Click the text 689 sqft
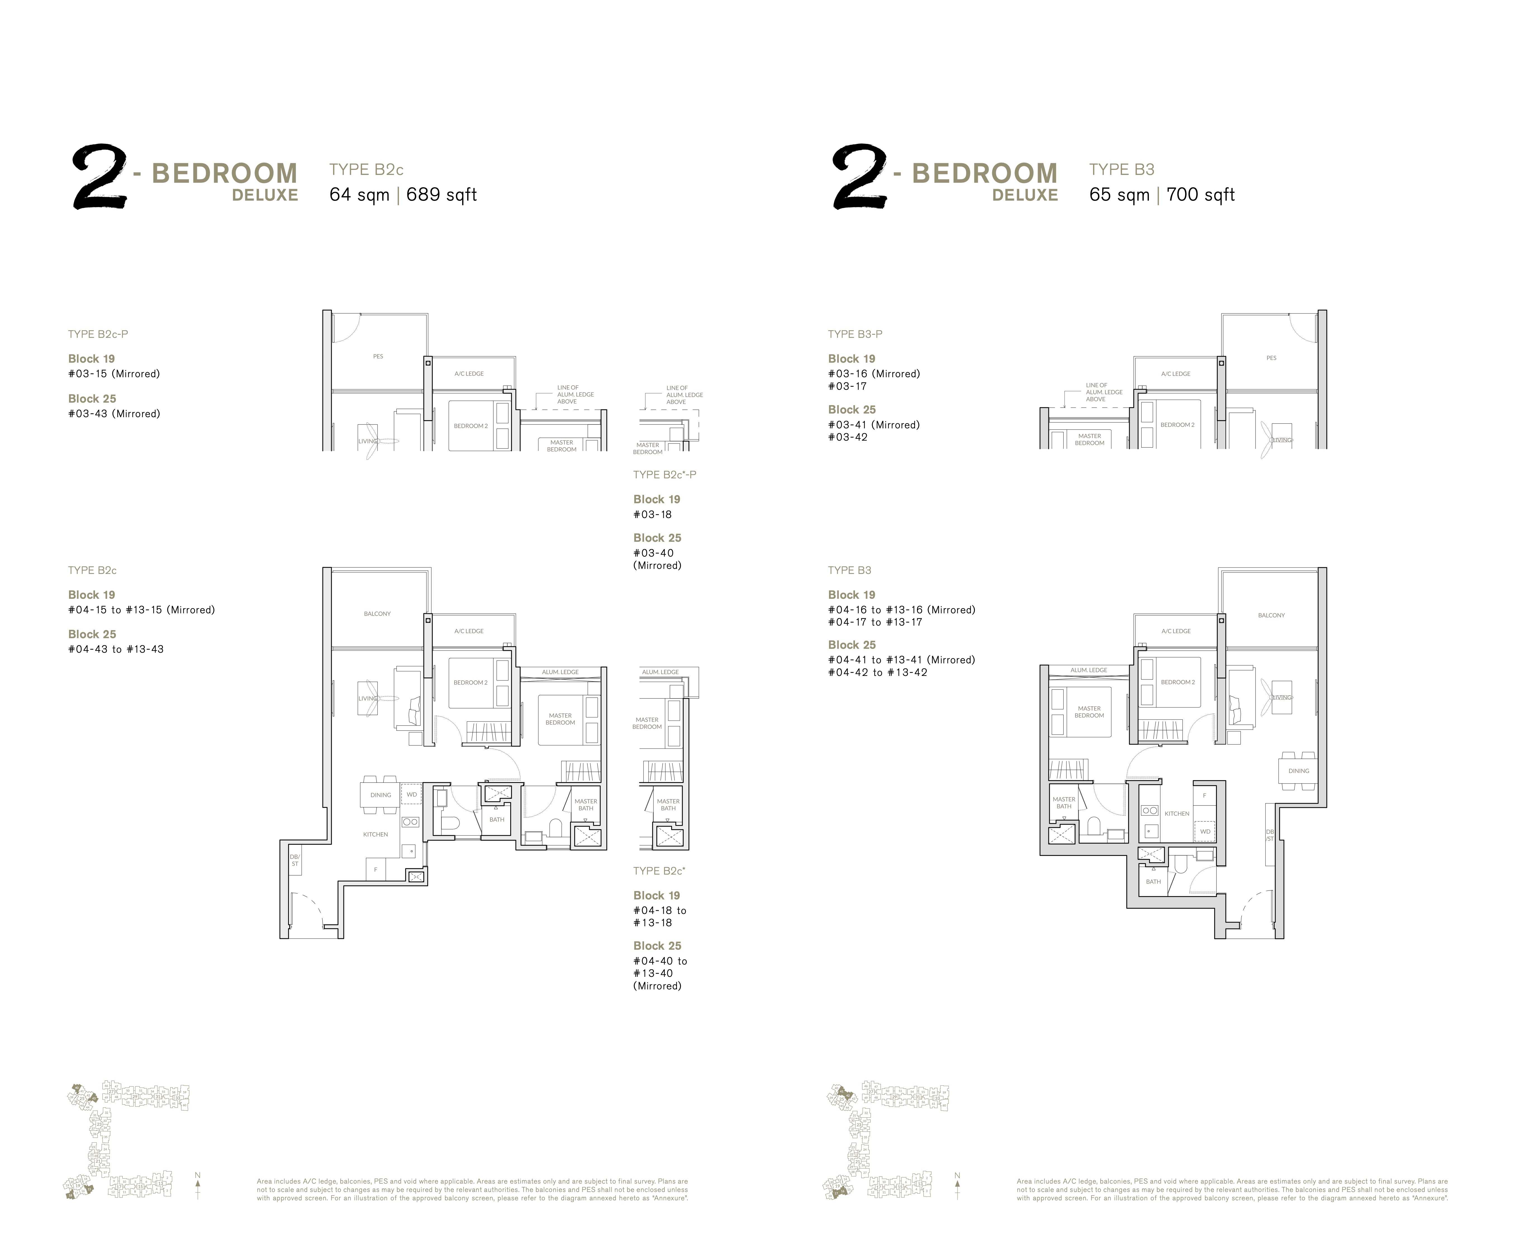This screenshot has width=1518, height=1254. point(441,195)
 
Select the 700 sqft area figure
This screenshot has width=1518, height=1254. point(1200,195)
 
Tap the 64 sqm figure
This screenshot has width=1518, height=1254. point(359,195)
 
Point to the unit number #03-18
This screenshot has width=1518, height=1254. point(652,514)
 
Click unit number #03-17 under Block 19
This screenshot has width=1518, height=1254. point(847,386)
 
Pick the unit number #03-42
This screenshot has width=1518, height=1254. point(848,437)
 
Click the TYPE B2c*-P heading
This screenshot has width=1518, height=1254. point(664,475)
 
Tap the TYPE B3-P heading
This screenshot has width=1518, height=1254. point(855,334)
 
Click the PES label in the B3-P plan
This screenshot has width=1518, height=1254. point(1271,358)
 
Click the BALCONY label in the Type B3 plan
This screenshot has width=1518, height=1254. point(1271,616)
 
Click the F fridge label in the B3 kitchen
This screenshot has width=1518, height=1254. point(1204,795)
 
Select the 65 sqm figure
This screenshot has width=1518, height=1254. point(1119,195)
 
